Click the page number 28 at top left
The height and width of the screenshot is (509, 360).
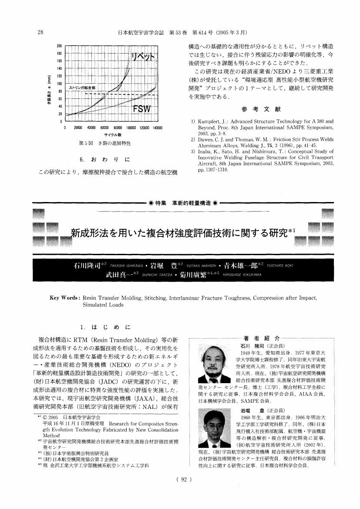tap(40, 32)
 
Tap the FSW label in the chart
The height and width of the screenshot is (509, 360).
tap(142, 109)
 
